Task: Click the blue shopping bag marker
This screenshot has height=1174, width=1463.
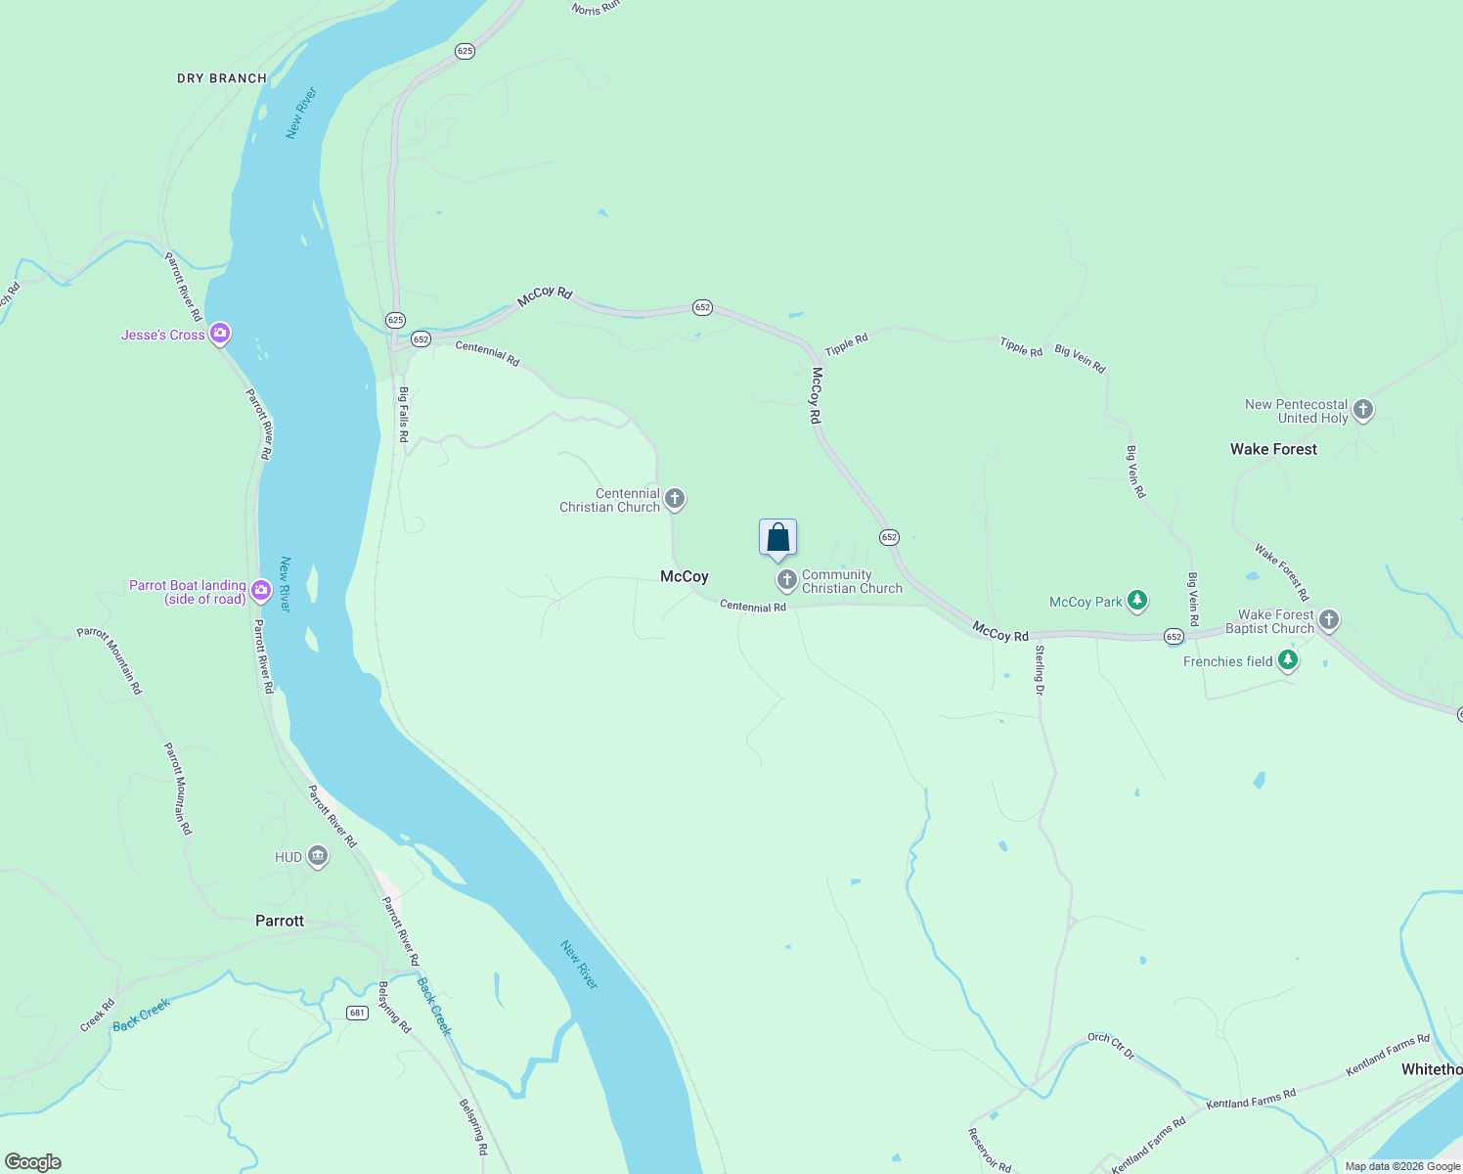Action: (x=777, y=537)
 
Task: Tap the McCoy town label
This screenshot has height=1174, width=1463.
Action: (x=684, y=576)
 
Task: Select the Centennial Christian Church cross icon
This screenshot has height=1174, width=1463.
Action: (x=675, y=499)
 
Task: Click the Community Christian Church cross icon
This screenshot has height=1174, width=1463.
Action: (x=786, y=581)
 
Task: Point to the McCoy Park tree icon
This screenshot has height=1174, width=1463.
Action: (x=1136, y=601)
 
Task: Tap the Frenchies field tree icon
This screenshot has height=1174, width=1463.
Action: (x=1288, y=660)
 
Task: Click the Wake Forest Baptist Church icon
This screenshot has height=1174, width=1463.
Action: (x=1328, y=619)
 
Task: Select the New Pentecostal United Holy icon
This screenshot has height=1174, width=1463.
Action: (x=1363, y=410)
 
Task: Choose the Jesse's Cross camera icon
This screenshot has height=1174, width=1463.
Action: (x=220, y=334)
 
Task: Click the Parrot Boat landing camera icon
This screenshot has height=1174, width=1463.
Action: (x=260, y=589)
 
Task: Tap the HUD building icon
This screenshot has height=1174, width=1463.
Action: (x=317, y=857)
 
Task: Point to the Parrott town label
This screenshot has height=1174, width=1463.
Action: (x=280, y=921)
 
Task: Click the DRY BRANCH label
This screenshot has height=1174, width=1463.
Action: (x=222, y=78)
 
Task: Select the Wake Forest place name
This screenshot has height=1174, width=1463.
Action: (x=1273, y=449)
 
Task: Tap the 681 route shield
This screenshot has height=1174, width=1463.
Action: (x=357, y=1013)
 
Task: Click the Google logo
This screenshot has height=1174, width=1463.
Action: (x=33, y=1162)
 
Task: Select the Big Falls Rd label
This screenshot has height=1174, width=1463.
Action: (x=403, y=414)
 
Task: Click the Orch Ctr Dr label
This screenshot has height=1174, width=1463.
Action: (x=1111, y=1045)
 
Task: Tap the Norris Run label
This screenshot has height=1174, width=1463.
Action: (x=596, y=8)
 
